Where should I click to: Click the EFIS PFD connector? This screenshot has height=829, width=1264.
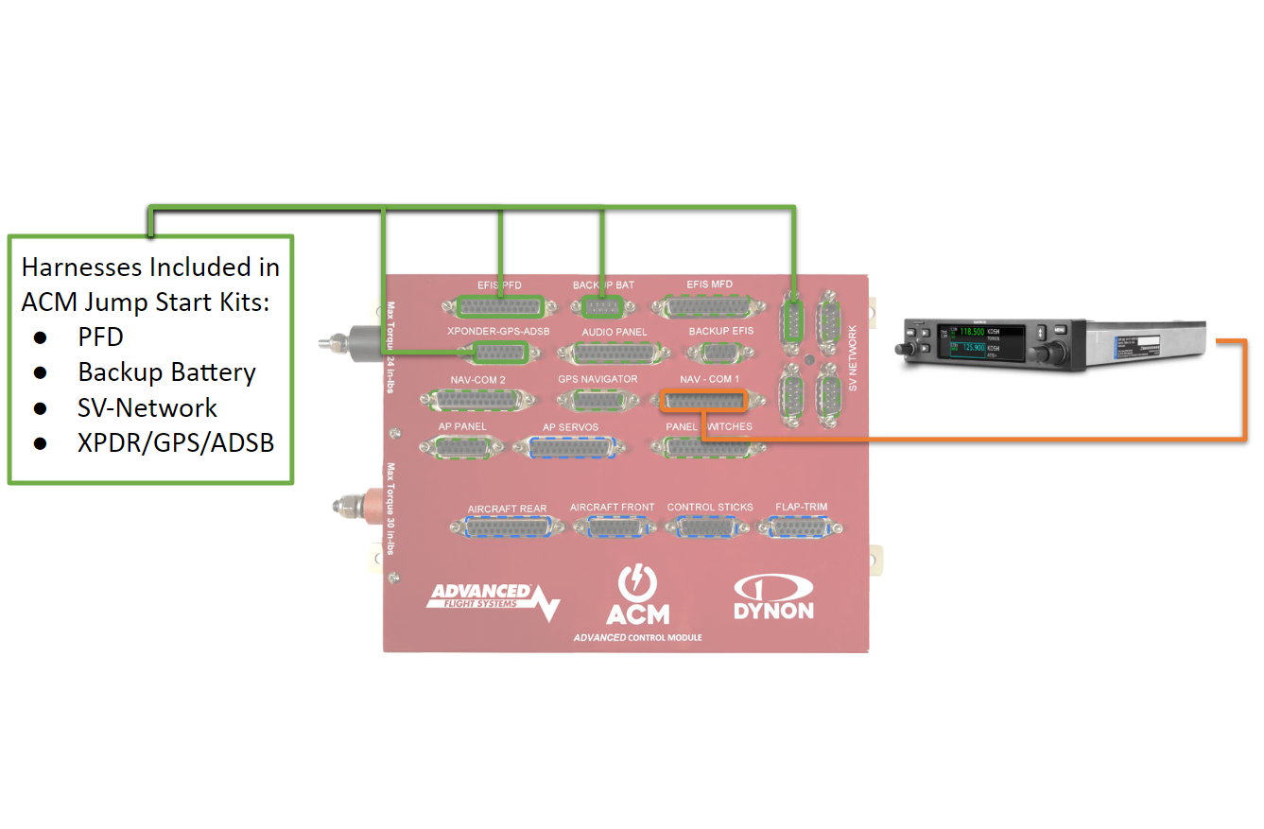point(499,306)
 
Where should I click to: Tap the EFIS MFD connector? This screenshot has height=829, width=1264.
point(709,306)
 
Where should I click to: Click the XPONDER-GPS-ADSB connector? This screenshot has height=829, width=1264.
point(499,354)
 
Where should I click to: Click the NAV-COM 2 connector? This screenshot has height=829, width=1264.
point(477,401)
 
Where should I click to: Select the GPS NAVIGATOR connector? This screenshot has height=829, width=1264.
point(597,401)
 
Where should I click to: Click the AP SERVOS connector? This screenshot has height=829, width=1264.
point(570,449)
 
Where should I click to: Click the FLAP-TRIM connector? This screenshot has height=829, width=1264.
point(801,528)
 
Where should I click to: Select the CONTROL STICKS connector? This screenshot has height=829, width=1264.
point(710,528)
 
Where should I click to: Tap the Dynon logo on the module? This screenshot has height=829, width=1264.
point(773,598)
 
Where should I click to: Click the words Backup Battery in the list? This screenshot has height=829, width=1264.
point(166,372)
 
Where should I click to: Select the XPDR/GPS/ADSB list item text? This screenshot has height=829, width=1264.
point(176,442)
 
